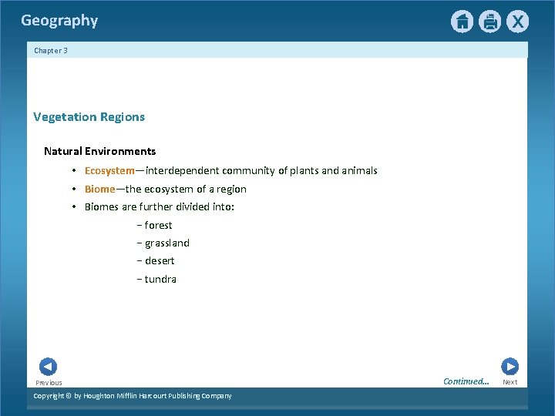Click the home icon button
coord(462,22)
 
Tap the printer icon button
coord(489,22)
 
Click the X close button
coord(517,22)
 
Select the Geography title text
coord(59,21)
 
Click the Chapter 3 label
coord(51,51)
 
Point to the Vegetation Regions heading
coord(89,117)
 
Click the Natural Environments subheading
coord(99,152)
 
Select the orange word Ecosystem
coord(109,171)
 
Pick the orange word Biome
coord(100,190)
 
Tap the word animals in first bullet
coord(359,171)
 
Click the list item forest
coord(158,226)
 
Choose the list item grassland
coord(166,243)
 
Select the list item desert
coord(160,261)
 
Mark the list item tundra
coord(160,280)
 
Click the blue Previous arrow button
coord(48,367)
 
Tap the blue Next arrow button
coord(510,367)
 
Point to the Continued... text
coord(466,381)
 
